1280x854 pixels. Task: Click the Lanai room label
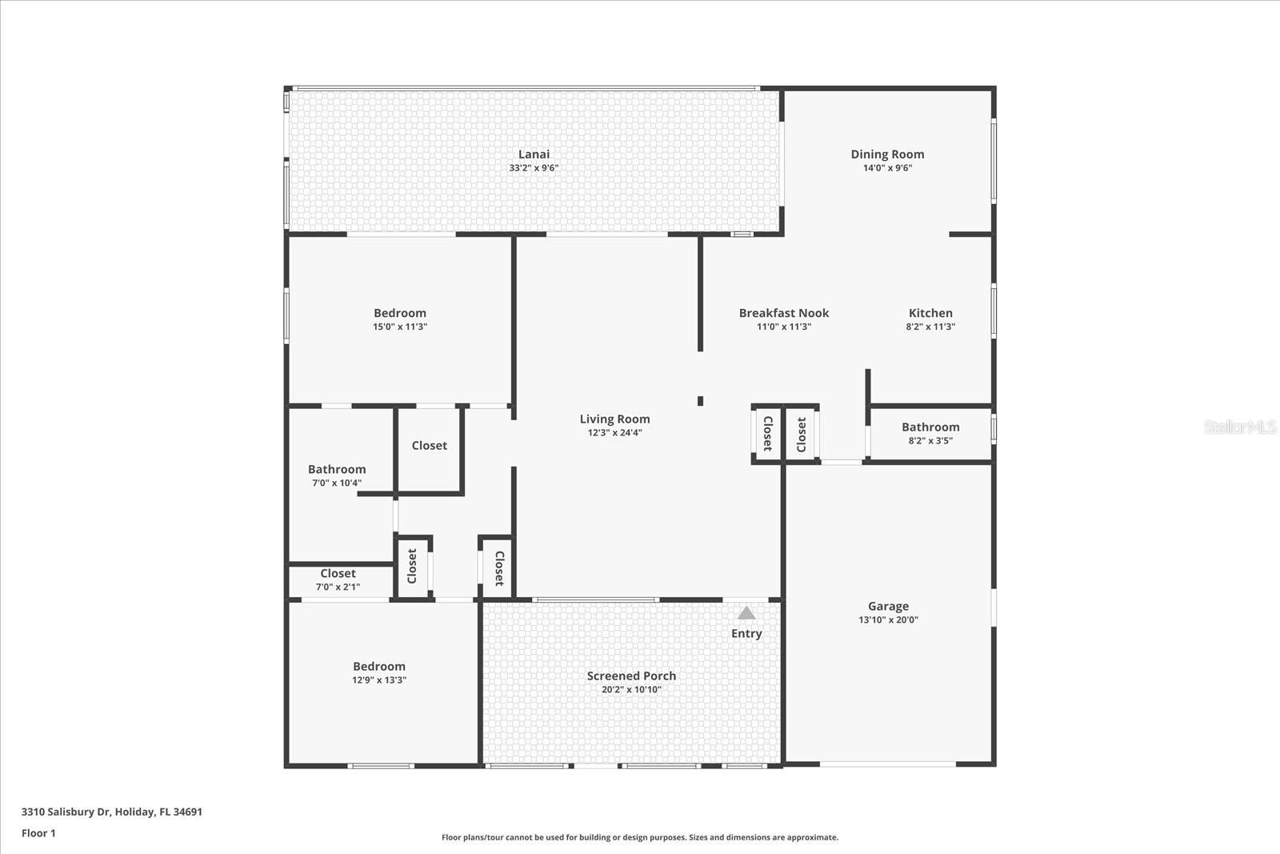coord(534,154)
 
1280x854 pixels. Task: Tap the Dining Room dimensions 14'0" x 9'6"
coord(887,168)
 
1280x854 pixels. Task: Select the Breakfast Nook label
coord(784,313)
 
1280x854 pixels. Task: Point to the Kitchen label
coord(930,313)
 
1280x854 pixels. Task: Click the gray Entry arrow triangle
coord(746,613)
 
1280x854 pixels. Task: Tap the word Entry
coord(746,633)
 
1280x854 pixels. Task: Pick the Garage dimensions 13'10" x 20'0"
coord(888,619)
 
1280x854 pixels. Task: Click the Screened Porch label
coord(631,676)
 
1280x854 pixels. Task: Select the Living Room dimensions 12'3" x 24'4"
coord(615,433)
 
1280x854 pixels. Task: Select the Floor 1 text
coord(38,833)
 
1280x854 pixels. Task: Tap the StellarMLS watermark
coord(1240,427)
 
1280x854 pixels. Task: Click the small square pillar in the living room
coord(700,401)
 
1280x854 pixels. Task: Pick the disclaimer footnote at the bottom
coord(640,837)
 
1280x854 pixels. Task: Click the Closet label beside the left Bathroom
coord(429,445)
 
